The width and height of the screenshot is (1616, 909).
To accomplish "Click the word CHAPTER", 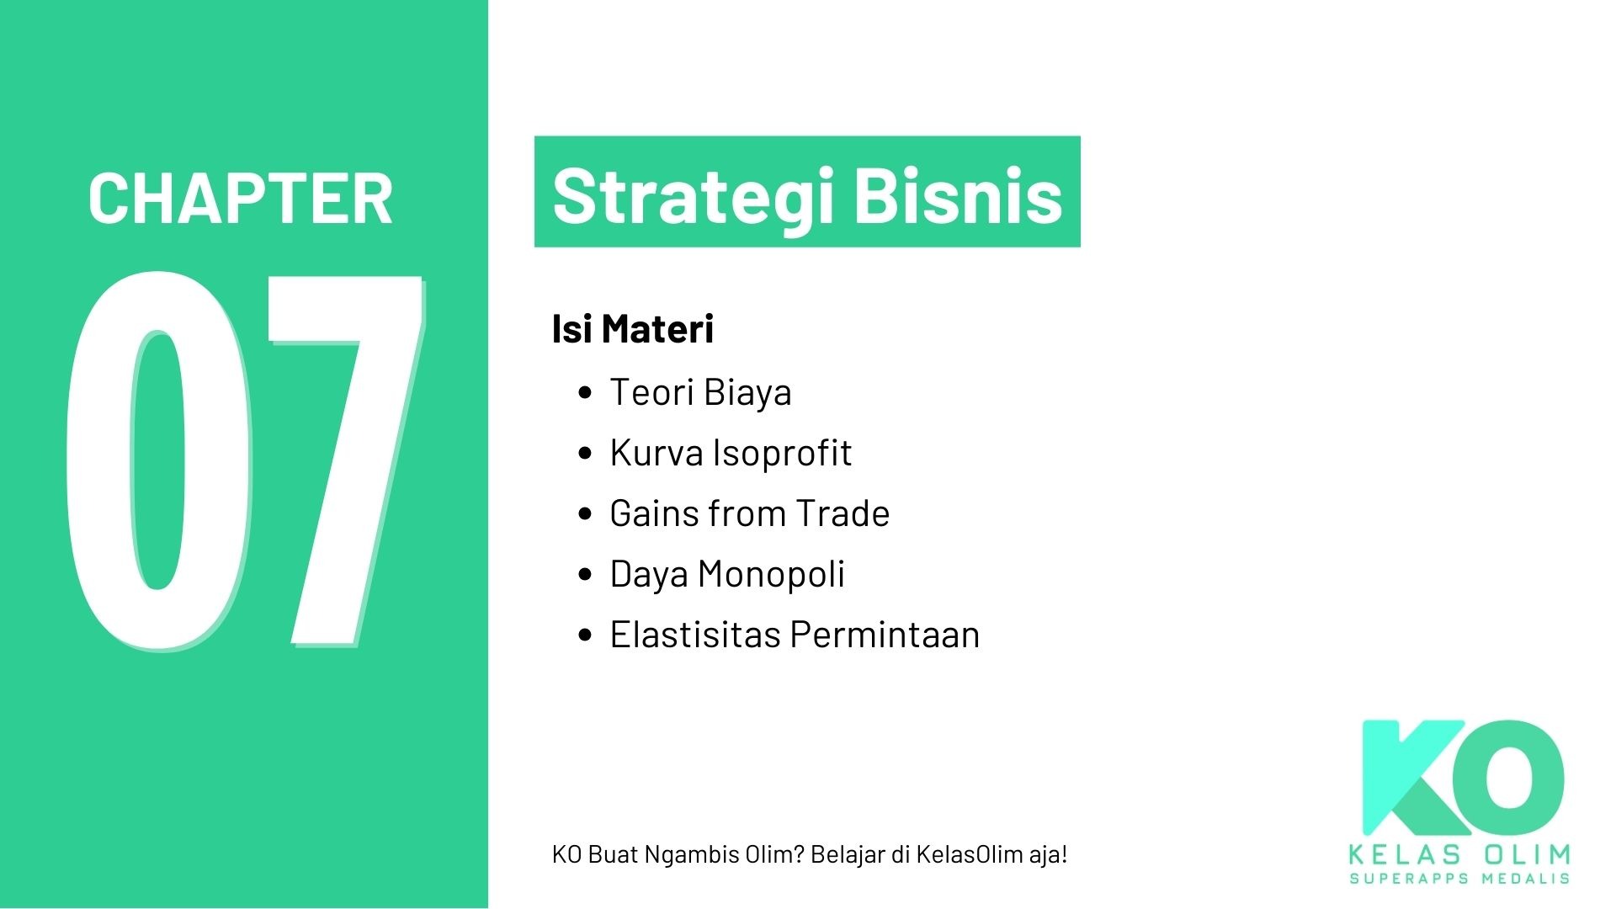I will pyautogui.click(x=240, y=199).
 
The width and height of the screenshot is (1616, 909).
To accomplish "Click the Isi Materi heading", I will pyautogui.click(x=632, y=329).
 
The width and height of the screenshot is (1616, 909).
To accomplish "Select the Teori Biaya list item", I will pyautogui.click(x=700, y=393).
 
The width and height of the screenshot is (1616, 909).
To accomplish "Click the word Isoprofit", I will pyautogui.click(x=782, y=454).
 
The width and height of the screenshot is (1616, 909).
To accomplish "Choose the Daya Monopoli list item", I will pyautogui.click(x=726, y=575).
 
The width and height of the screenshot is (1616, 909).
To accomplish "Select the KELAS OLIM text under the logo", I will pyautogui.click(x=1459, y=855).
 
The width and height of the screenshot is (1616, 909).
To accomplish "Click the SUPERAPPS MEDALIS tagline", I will pyautogui.click(x=1459, y=879).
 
